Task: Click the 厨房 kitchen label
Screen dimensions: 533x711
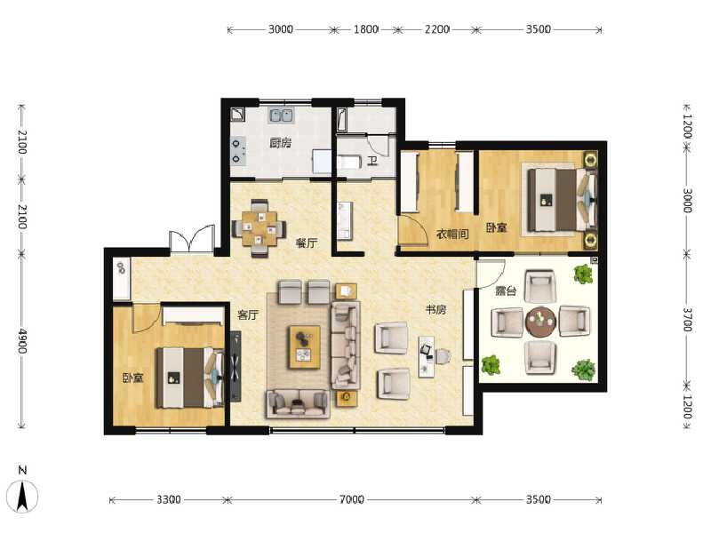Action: click(280, 143)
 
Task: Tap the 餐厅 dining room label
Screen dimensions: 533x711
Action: click(308, 243)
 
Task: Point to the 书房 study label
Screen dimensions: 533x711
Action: click(435, 310)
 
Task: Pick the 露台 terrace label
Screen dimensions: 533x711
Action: click(506, 290)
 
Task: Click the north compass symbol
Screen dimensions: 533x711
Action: click(25, 493)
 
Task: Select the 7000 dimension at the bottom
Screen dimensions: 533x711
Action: click(351, 500)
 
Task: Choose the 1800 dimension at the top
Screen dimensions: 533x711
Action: click(366, 29)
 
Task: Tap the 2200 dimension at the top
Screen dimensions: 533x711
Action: click(436, 29)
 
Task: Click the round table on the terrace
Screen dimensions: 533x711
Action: click(539, 322)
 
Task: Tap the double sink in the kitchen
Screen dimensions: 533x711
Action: click(283, 115)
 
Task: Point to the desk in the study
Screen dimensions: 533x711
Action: click(427, 354)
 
